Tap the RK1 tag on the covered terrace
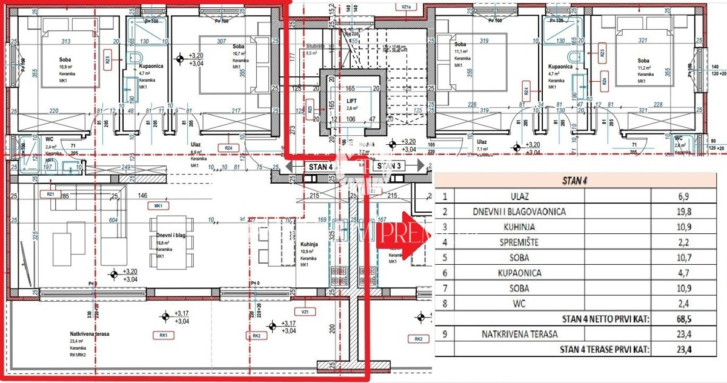163,335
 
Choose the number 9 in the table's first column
445,334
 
